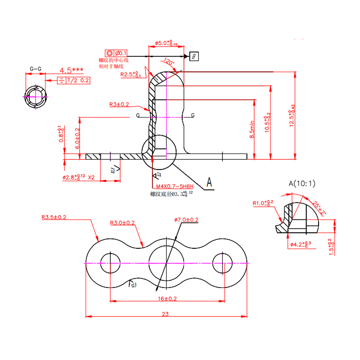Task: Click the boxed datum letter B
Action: click(193, 56)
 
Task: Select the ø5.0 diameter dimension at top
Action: click(166, 43)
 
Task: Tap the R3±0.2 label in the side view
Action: click(119, 104)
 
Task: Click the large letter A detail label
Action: click(209, 182)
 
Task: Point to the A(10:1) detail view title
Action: click(302, 183)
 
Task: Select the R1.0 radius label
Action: click(262, 203)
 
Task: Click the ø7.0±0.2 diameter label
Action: click(186, 220)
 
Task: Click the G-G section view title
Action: click(36, 69)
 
